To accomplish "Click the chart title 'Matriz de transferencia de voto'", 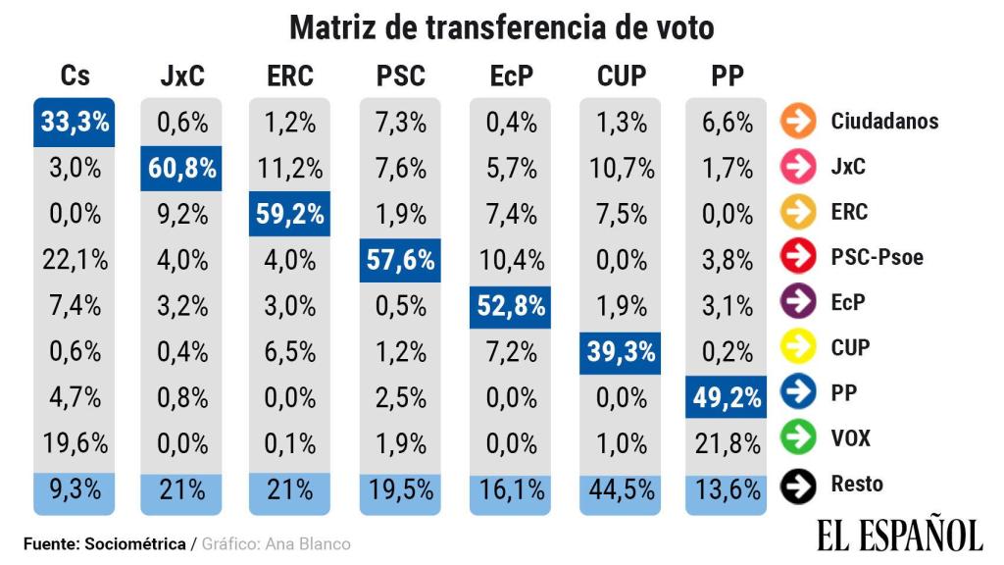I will click(x=502, y=26).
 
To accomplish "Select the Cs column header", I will click(x=75, y=76).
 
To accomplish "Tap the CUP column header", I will click(x=621, y=76).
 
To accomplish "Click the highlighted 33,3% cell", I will click(x=75, y=122).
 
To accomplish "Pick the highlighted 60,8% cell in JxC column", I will click(x=182, y=168).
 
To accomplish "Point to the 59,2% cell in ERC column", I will click(x=290, y=214).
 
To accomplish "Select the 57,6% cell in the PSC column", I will click(x=400, y=260).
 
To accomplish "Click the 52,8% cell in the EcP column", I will click(x=510, y=305).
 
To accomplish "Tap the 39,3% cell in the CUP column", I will click(x=621, y=351).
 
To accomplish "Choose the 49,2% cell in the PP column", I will click(x=728, y=397).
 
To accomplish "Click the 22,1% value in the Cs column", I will click(x=75, y=260).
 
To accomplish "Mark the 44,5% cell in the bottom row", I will click(x=621, y=489).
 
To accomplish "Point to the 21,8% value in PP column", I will click(x=728, y=443).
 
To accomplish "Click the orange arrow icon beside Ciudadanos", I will click(x=798, y=121).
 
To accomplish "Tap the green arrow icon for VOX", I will click(x=798, y=437).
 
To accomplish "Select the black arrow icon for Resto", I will click(x=798, y=484).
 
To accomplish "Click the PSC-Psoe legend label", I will click(x=877, y=257).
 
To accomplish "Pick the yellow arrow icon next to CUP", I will click(x=798, y=347).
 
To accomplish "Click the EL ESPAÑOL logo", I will click(x=898, y=535).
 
